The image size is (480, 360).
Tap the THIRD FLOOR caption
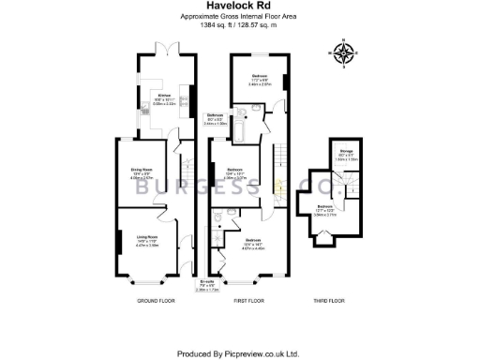(330, 300)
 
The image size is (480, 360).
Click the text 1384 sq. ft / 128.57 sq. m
(239, 24)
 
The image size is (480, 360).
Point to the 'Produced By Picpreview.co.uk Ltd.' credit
(239, 353)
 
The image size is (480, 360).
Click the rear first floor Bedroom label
(258, 77)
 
